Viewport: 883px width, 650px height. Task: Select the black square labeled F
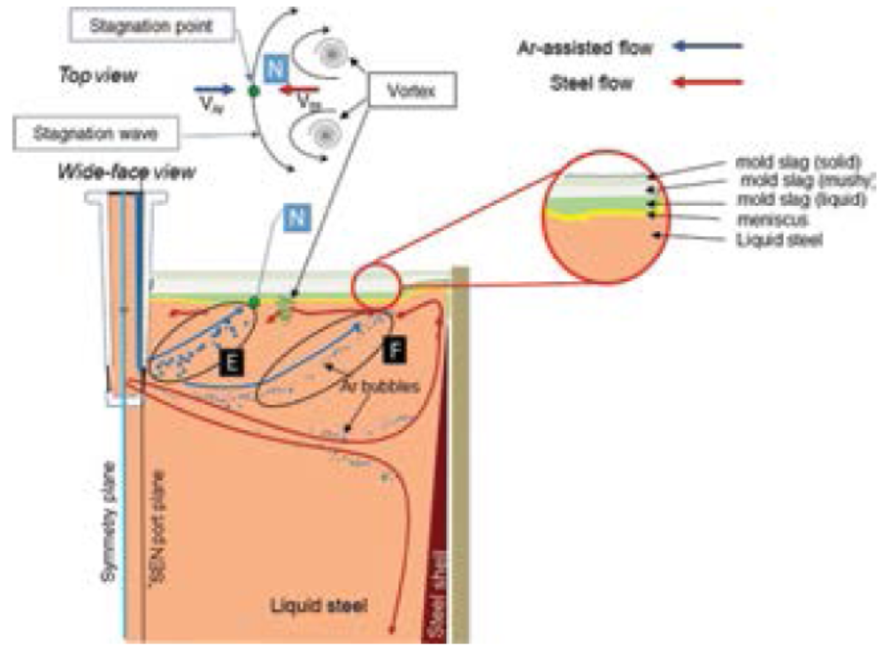pyautogui.click(x=395, y=350)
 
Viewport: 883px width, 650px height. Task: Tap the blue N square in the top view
pyautogui.click(x=275, y=65)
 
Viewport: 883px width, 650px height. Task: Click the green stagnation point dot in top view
pyautogui.click(x=255, y=90)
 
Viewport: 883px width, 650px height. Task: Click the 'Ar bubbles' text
pyautogui.click(x=378, y=386)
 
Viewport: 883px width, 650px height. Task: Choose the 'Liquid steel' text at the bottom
pyautogui.click(x=319, y=606)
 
